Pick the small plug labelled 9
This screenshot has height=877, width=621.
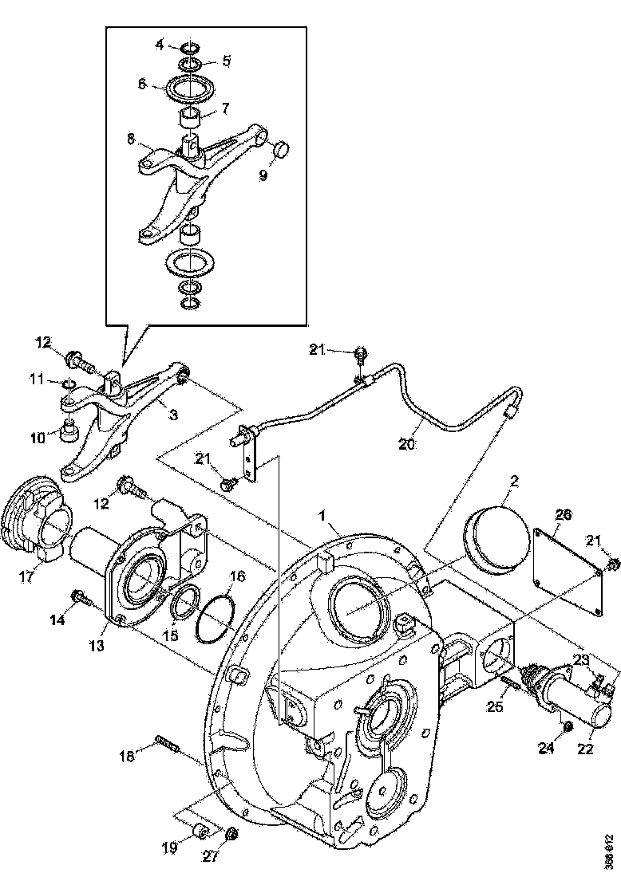280,149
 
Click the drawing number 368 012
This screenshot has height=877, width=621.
609,852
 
